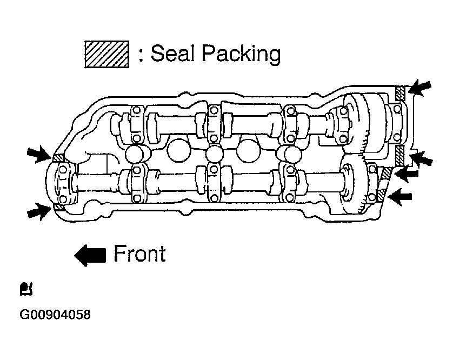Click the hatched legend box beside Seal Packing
pyautogui.click(x=106, y=54)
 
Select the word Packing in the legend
pyautogui.click(x=241, y=54)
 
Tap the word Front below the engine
pyautogui.click(x=140, y=254)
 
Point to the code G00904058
pyautogui.click(x=55, y=315)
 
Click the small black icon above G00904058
pyautogui.click(x=26, y=289)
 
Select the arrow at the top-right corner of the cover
pyautogui.click(x=420, y=87)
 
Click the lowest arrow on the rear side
pyautogui.click(x=400, y=196)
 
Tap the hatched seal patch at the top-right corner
pyautogui.click(x=400, y=93)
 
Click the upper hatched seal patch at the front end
pyautogui.click(x=58, y=158)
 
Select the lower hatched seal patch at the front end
pyautogui.click(x=59, y=207)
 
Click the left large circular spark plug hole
pyautogui.click(x=178, y=150)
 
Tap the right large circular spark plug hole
pyautogui.click(x=249, y=150)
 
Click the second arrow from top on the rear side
pyautogui.click(x=421, y=158)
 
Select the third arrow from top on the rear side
pyautogui.click(x=407, y=174)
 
